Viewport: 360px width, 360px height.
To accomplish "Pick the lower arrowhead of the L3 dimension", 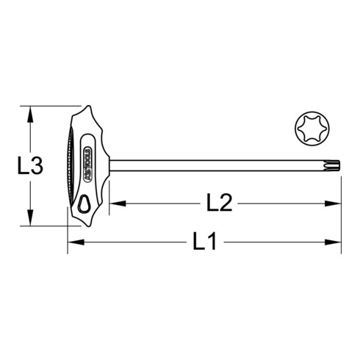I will click(x=30, y=223).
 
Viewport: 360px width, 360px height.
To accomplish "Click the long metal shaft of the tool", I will click(x=220, y=158).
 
